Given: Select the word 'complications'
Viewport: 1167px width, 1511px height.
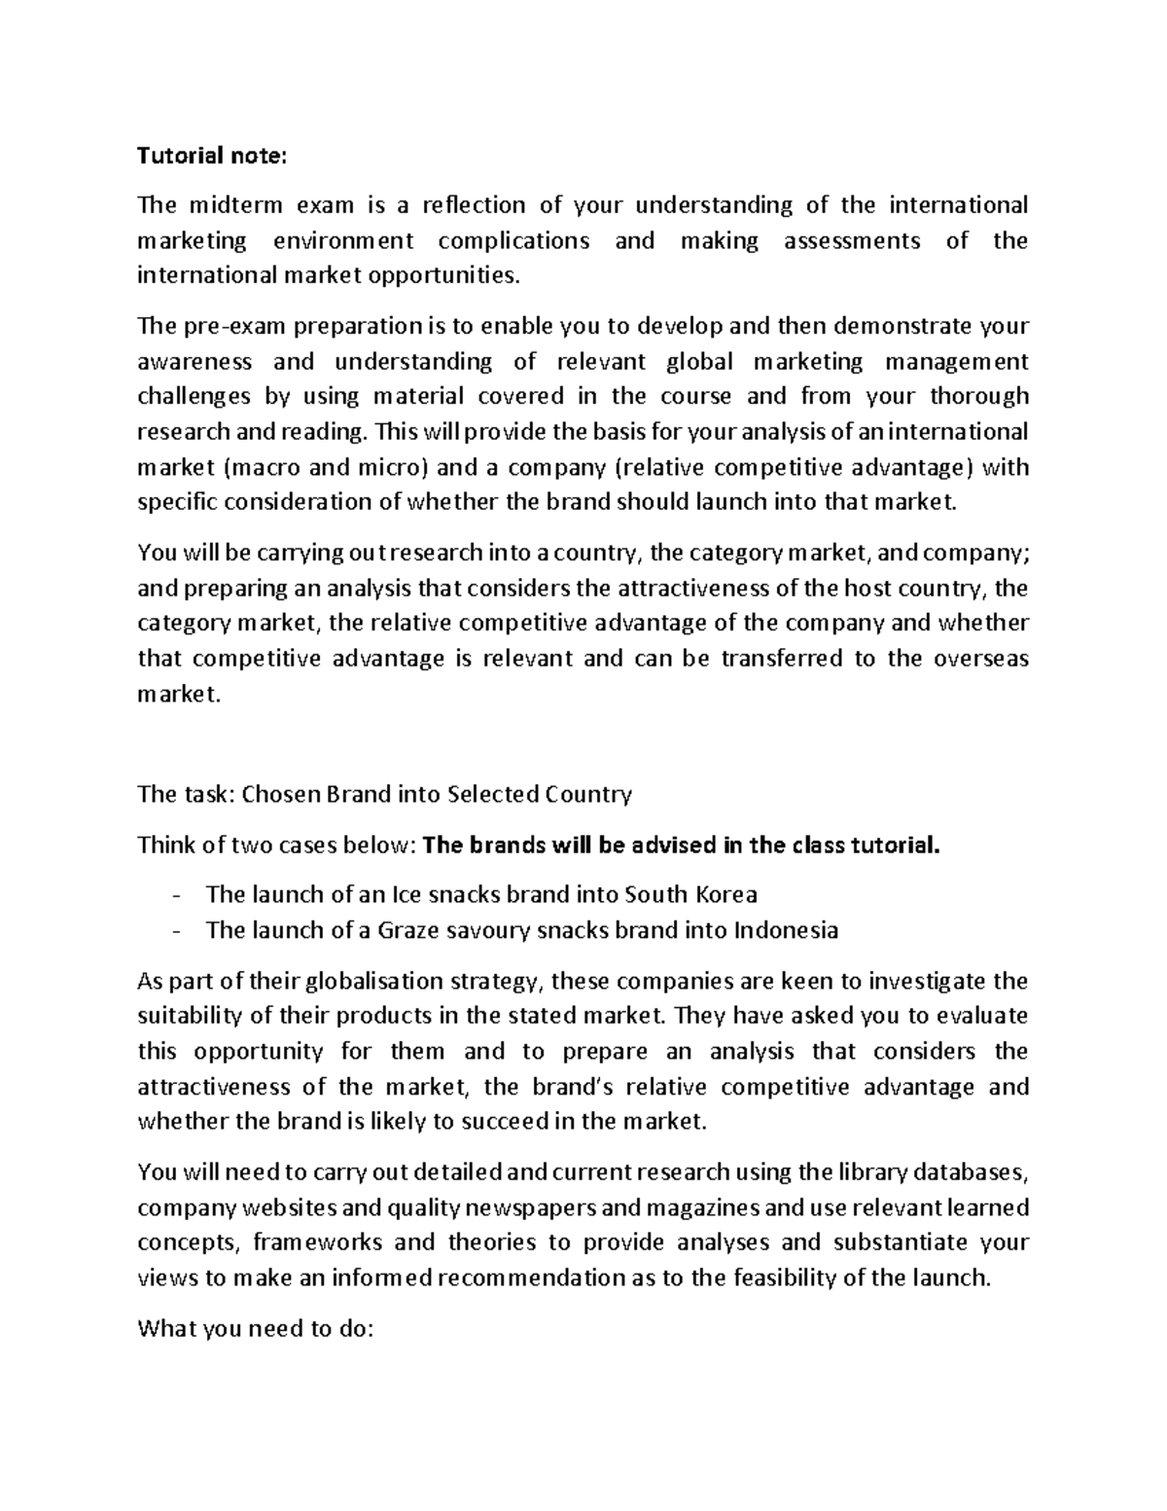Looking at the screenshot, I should click(513, 240).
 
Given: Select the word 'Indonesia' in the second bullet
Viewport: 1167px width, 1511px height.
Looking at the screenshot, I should click(786, 930).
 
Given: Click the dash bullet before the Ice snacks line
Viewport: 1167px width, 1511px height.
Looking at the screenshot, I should click(175, 894).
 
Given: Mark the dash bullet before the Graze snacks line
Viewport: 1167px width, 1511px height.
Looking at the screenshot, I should click(175, 930).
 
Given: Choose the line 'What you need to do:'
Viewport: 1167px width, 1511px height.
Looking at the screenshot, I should click(255, 1329).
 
